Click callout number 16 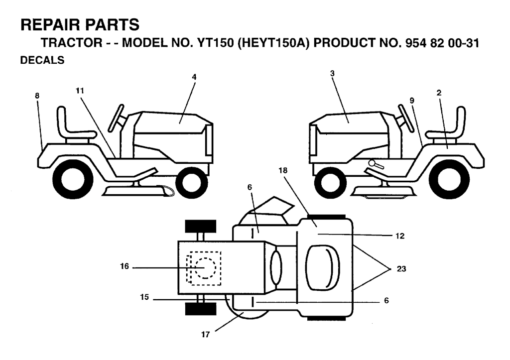[125, 266]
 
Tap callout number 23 [401, 269]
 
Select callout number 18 [283, 170]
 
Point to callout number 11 [80, 91]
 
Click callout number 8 [37, 96]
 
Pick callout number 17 [206, 334]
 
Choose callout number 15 [144, 297]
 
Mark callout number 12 [400, 236]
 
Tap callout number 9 [412, 101]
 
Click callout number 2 [439, 93]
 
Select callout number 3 [332, 74]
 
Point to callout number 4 [194, 77]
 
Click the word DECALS [42, 60]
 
